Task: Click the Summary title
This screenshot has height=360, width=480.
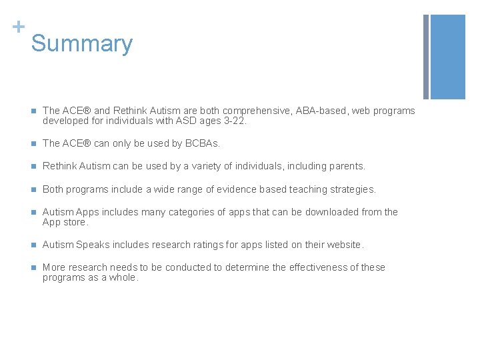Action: (82, 43)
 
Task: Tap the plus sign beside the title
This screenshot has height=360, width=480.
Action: (18, 27)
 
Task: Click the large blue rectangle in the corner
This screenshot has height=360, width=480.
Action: (448, 57)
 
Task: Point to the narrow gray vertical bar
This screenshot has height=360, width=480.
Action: (426, 57)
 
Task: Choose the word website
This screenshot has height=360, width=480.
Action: (343, 245)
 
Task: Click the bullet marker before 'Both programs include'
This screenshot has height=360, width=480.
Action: (32, 189)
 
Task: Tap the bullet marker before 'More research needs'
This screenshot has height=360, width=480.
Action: (32, 267)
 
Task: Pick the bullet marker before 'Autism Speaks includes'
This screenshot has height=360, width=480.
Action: (32, 245)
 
